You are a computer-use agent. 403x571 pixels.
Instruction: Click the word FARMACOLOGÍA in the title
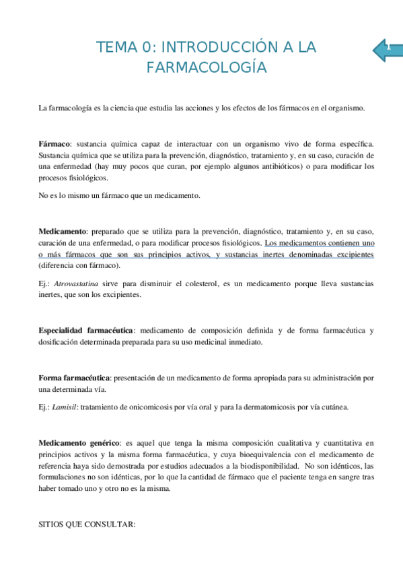[207, 67]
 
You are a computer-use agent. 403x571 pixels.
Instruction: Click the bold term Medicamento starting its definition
[63, 231]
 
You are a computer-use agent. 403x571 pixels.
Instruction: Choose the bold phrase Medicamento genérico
[79, 443]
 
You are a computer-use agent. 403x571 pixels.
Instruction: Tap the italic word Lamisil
[64, 407]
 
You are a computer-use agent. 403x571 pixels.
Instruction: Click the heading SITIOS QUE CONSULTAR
[87, 522]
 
